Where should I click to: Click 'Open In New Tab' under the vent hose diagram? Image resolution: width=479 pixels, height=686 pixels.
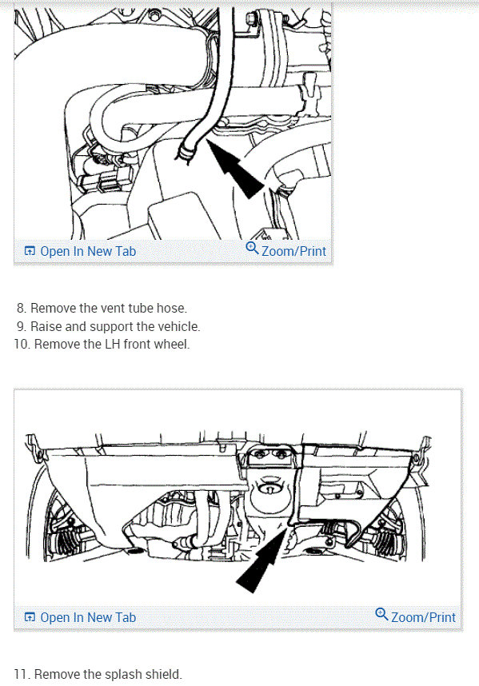(88, 251)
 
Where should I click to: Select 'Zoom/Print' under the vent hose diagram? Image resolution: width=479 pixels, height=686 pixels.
(293, 251)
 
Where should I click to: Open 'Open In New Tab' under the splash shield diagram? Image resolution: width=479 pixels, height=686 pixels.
(88, 617)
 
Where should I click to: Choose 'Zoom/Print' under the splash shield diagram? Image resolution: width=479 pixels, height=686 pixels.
(423, 617)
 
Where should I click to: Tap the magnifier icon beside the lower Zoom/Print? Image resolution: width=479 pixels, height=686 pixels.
(381, 615)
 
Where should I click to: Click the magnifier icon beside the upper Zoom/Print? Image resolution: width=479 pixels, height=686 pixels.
(252, 249)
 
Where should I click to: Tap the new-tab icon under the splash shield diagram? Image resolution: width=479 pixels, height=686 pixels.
(30, 617)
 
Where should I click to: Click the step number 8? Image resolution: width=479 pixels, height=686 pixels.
(20, 308)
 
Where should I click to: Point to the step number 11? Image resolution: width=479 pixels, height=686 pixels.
(21, 674)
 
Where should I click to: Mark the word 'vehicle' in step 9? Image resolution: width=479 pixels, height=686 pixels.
(177, 326)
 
